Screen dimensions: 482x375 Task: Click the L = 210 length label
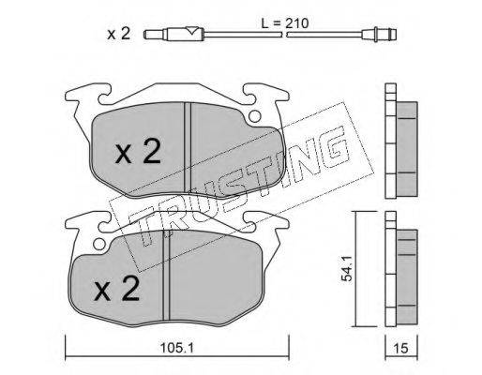[284, 23]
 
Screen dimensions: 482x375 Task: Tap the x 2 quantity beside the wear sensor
[118, 34]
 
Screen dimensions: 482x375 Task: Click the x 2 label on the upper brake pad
[138, 152]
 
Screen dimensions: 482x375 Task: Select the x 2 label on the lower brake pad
[117, 289]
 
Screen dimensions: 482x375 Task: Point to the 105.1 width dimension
[176, 348]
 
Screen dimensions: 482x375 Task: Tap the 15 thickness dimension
[401, 348]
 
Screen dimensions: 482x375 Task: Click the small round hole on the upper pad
[255, 116]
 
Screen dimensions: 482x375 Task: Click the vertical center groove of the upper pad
[188, 147]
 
